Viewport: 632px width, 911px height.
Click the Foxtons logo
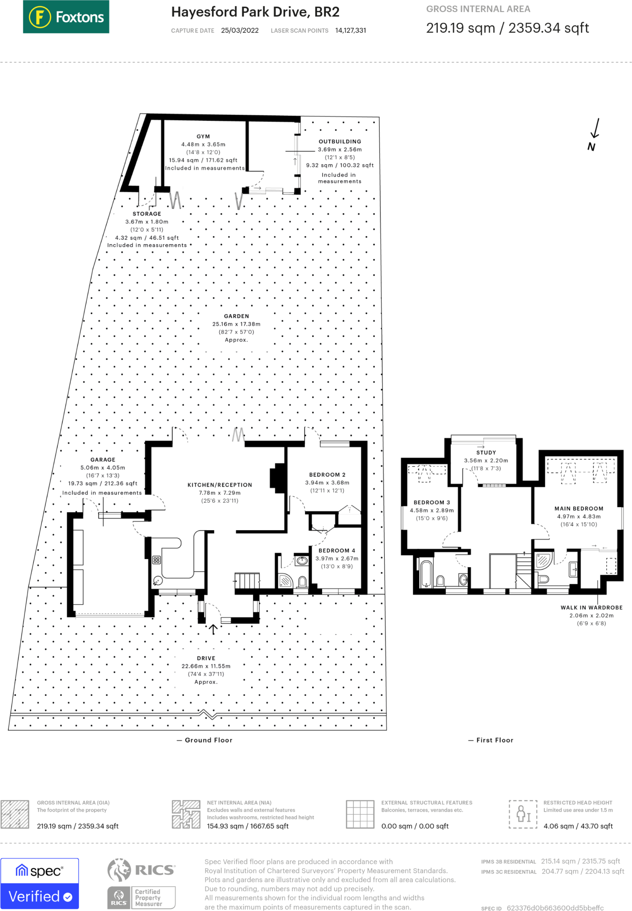(x=66, y=17)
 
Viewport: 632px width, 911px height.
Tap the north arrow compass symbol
(x=594, y=135)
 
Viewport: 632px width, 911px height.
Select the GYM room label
(x=203, y=137)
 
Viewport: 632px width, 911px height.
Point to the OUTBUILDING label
(x=340, y=141)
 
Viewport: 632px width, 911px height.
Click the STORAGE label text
(x=147, y=214)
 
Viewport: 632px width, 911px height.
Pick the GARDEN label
(x=237, y=316)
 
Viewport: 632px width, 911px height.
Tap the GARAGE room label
(x=103, y=460)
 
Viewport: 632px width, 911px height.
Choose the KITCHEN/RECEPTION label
(x=220, y=485)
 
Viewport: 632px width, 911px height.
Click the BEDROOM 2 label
(x=327, y=475)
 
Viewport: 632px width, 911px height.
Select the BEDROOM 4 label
(x=337, y=551)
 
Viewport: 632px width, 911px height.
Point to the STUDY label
(x=486, y=452)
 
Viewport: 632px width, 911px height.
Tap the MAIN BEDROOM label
(x=579, y=508)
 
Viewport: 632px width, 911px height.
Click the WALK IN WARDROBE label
(x=592, y=608)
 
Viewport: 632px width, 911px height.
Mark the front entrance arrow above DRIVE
(x=213, y=629)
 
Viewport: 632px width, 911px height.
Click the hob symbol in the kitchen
(x=157, y=560)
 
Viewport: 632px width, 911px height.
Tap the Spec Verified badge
(x=40, y=883)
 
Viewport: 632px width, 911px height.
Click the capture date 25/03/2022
(x=240, y=30)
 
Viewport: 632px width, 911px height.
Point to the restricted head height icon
(x=523, y=814)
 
